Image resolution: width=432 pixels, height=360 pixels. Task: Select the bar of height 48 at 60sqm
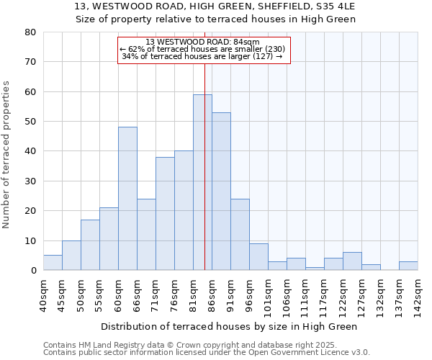[x=127, y=199]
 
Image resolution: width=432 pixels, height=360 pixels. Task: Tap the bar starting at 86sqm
[x=221, y=192]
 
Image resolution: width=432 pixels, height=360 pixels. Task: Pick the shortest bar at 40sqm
[x=53, y=263]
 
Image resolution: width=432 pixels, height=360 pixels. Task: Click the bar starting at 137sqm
[x=408, y=266]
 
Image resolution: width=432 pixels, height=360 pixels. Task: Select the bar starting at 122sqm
[x=352, y=261]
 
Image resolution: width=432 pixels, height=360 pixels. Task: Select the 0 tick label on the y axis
[x=32, y=271]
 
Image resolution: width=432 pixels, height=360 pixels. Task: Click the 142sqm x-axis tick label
[x=418, y=295]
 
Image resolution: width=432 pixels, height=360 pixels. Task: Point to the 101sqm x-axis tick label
[x=268, y=295]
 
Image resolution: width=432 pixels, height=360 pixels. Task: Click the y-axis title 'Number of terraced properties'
[x=6, y=155]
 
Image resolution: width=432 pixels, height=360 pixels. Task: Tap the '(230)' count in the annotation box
[x=271, y=49]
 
